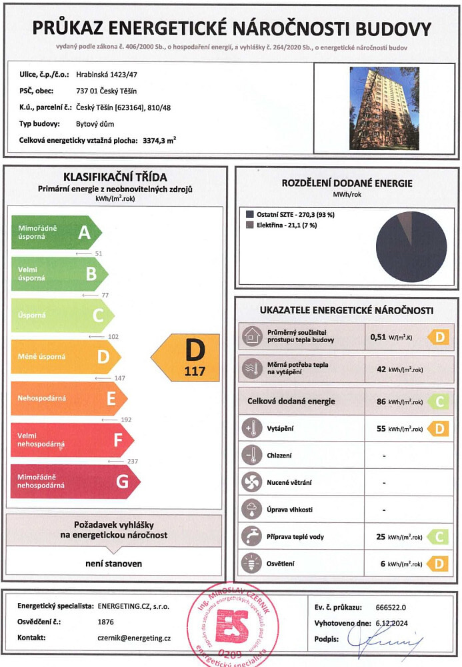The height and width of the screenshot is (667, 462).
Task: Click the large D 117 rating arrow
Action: (x=187, y=358)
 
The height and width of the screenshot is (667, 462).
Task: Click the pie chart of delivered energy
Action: (x=411, y=246)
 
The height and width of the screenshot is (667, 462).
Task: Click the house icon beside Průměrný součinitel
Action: (x=253, y=336)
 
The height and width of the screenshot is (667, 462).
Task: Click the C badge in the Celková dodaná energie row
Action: (x=438, y=401)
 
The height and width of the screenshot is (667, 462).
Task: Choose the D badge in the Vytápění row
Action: (x=438, y=428)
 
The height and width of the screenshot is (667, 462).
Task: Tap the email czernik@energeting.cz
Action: (x=134, y=638)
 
